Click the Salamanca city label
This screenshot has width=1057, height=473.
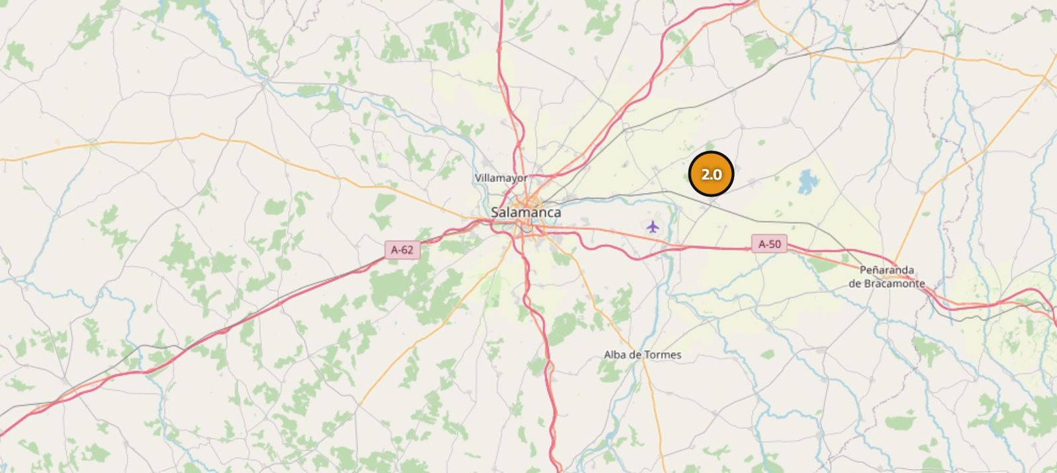point(526,213)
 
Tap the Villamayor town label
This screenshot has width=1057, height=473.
point(501,178)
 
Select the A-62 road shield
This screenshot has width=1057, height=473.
point(402,250)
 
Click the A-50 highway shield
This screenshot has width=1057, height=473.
point(769,244)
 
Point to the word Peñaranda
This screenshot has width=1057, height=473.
point(887,270)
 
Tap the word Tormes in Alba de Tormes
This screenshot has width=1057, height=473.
point(663,355)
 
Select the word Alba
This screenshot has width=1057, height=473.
point(615,355)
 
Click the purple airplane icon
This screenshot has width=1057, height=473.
point(653,227)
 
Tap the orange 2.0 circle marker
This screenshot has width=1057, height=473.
point(711,174)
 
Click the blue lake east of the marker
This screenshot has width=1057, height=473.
point(807,182)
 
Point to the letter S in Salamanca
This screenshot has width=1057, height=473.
point(495,213)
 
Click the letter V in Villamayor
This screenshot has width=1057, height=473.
point(478,178)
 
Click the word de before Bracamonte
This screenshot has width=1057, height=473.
point(855,284)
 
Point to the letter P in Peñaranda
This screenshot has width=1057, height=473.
point(863,270)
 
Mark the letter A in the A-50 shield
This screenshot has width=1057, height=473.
point(761,244)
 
